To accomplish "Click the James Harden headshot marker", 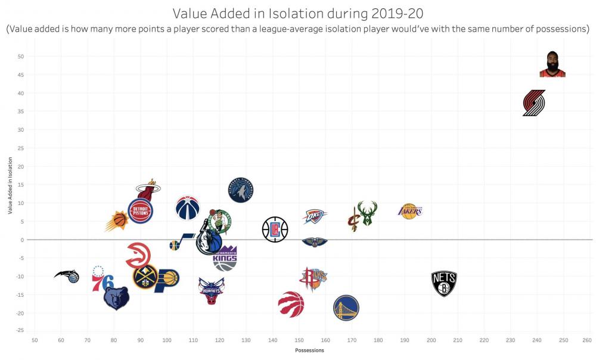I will click(552, 64).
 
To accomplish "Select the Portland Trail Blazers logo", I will click(534, 103).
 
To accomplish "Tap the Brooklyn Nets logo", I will click(444, 284).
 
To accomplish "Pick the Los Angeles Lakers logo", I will click(410, 210).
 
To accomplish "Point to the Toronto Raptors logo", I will click(291, 304).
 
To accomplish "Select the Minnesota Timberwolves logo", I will click(241, 190).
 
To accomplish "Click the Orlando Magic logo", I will click(67, 275).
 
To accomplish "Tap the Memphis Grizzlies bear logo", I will click(116, 297).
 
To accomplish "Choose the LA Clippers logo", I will click(275, 229).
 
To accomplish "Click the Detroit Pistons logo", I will click(141, 211).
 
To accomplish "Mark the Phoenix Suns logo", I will click(117, 221).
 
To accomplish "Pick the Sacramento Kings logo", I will click(225, 258).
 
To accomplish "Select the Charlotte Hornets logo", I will click(212, 290).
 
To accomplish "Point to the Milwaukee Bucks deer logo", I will click(367, 213).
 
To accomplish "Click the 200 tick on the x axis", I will click(431, 340).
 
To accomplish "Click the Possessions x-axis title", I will click(309, 350).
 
